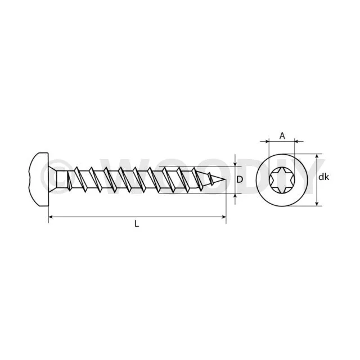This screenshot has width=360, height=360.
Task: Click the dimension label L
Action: coord(137,223)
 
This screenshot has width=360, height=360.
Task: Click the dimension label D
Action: coord(240,179)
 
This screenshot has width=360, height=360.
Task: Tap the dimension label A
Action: coord(282,136)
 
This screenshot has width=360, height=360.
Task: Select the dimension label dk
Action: coord(324,177)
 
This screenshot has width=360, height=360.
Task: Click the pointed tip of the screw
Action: coord(226,180)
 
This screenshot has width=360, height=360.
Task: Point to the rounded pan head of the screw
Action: coord(39,179)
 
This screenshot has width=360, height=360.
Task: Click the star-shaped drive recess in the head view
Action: coord(282,180)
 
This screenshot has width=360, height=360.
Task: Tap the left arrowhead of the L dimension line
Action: coord(51,217)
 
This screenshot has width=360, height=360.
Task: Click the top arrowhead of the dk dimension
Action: coord(317,156)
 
